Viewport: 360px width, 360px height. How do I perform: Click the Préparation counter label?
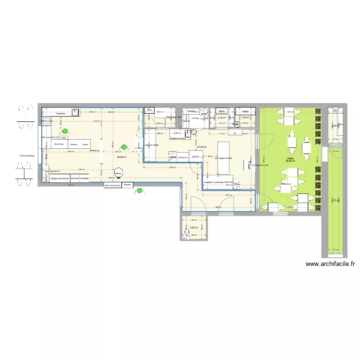click(60, 113)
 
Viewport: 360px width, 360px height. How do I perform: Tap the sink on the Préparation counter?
click(75, 112)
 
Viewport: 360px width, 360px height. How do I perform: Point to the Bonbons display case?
click(73, 144)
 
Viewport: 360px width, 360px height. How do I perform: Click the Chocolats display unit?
click(84, 179)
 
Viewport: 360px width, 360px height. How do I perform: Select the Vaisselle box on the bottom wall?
click(127, 185)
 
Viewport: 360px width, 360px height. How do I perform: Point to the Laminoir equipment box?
click(194, 156)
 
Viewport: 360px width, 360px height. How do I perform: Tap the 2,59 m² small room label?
click(194, 228)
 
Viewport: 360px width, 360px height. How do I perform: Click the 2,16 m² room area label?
click(221, 117)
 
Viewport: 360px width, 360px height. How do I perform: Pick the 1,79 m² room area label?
click(246, 117)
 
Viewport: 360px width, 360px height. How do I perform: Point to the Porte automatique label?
click(27, 156)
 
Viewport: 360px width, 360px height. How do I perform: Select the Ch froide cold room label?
click(195, 117)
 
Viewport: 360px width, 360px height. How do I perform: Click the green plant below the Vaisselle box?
click(140, 192)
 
